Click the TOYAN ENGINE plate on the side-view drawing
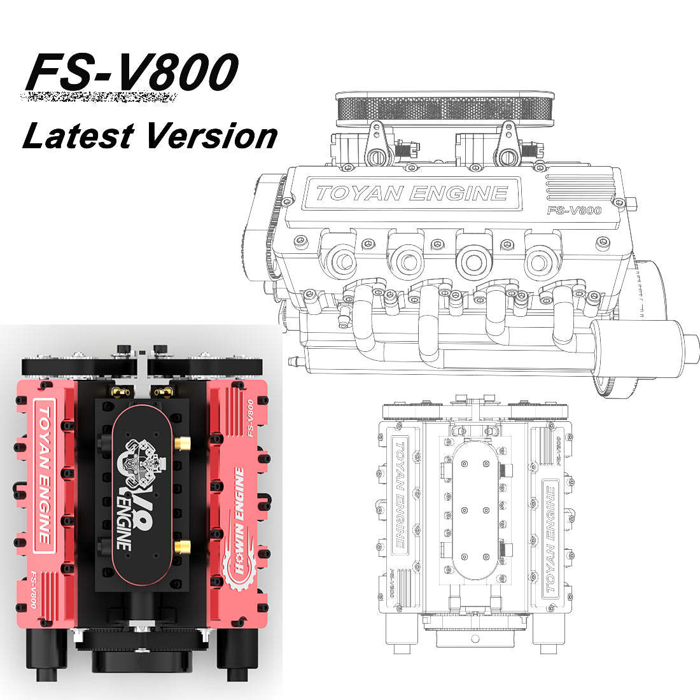(412, 193)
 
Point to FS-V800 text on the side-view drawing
(574, 211)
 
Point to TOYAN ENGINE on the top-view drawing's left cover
(398, 494)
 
